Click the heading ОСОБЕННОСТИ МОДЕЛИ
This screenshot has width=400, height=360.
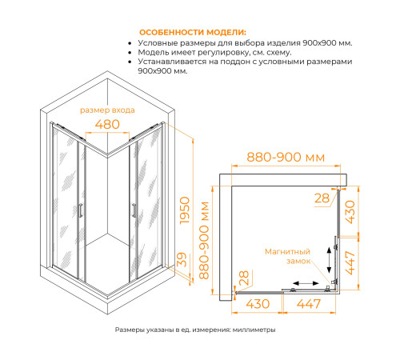coord(193,33)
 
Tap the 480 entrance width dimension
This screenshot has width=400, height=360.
coord(107,124)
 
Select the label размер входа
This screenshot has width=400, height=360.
coord(107,110)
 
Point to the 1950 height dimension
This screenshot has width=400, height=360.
coord(185,210)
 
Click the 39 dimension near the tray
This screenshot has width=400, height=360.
coord(182,259)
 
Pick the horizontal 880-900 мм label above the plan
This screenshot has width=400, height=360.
coord(286,157)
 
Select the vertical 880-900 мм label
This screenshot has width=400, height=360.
coord(204,240)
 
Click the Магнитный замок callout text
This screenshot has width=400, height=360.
coord(288,256)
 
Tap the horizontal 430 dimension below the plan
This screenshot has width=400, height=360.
coord(258,304)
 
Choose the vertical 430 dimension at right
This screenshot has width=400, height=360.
coord(350,212)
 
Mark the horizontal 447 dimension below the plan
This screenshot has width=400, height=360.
coord(309,304)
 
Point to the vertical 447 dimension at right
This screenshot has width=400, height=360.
coord(350,262)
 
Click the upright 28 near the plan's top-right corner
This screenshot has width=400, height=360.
coord(322,198)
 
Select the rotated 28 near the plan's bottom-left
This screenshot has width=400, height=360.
coord(244,278)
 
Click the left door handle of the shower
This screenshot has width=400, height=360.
coord(81,210)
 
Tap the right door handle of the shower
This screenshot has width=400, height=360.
coord(134,210)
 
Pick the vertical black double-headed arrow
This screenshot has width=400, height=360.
coord(329,260)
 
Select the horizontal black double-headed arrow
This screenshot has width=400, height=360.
coord(306,283)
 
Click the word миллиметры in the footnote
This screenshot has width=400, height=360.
coord(254,330)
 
